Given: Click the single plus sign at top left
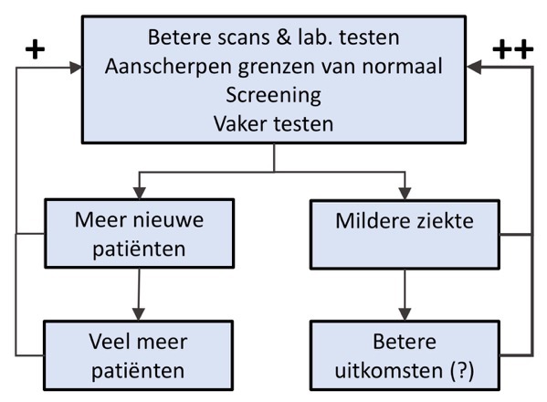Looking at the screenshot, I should (x=34, y=48).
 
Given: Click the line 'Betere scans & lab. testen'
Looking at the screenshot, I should (x=273, y=38).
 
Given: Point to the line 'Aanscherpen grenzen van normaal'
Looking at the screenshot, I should (x=273, y=66).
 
